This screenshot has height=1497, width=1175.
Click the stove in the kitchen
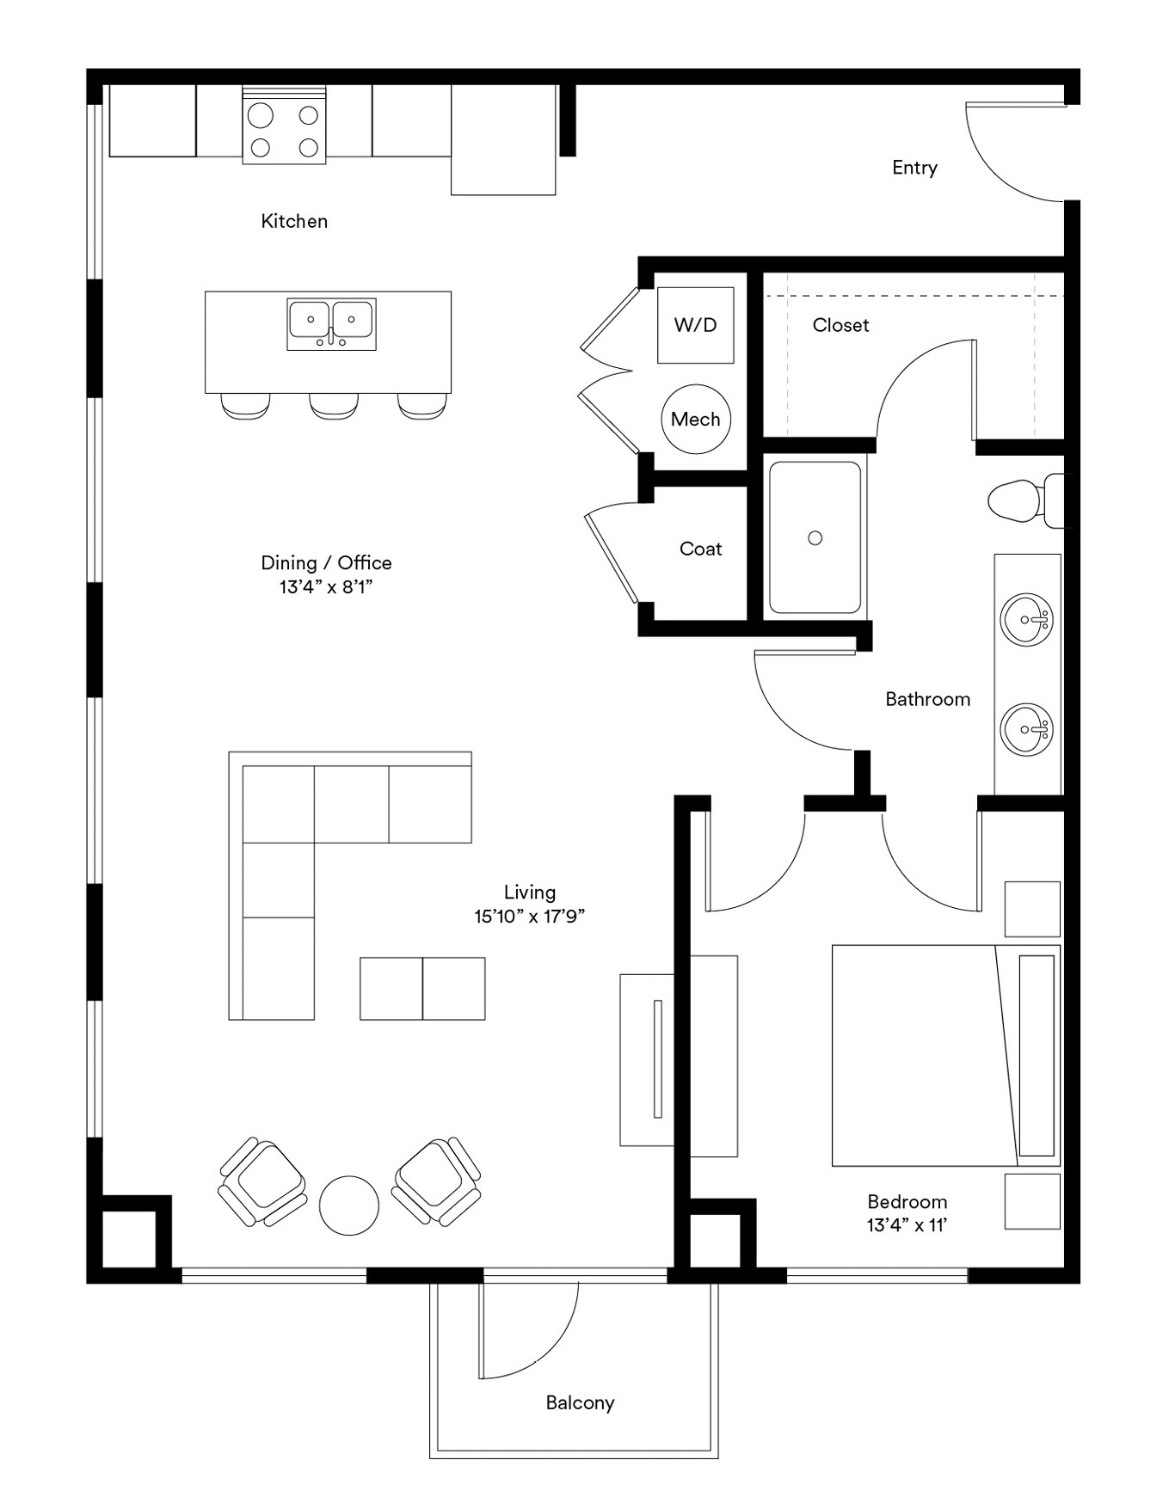click(x=284, y=125)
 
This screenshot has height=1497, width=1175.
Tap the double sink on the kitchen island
click(x=331, y=324)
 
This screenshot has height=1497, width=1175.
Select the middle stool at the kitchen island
click(x=334, y=406)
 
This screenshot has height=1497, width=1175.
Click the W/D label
click(x=695, y=325)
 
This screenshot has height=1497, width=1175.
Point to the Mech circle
click(x=696, y=419)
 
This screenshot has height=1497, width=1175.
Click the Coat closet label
click(x=700, y=549)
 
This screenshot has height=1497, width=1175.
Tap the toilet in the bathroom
click(x=1026, y=500)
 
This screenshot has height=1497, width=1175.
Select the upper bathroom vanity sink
click(x=1027, y=618)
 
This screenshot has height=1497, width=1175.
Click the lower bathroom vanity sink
click(x=1027, y=729)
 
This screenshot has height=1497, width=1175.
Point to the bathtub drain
click(x=815, y=538)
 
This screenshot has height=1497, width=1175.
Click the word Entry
click(x=914, y=168)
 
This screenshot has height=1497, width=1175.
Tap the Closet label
click(x=840, y=325)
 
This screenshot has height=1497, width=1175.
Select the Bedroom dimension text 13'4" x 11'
click(x=907, y=1224)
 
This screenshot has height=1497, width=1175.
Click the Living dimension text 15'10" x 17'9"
click(x=529, y=916)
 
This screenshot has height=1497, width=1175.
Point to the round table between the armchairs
click(x=349, y=1206)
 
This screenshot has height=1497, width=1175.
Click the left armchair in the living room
click(x=263, y=1182)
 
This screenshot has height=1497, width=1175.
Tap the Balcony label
click(x=580, y=1402)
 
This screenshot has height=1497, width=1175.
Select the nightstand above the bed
click(x=1032, y=909)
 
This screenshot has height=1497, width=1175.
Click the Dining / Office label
click(x=326, y=563)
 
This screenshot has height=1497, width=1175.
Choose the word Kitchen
click(x=294, y=221)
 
